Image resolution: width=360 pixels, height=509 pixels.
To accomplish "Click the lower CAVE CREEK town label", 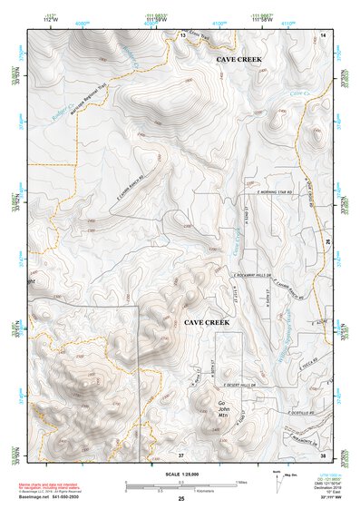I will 207,322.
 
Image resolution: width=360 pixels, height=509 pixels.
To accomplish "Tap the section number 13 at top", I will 181,34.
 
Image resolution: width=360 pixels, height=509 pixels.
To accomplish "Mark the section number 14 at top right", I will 323,34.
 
